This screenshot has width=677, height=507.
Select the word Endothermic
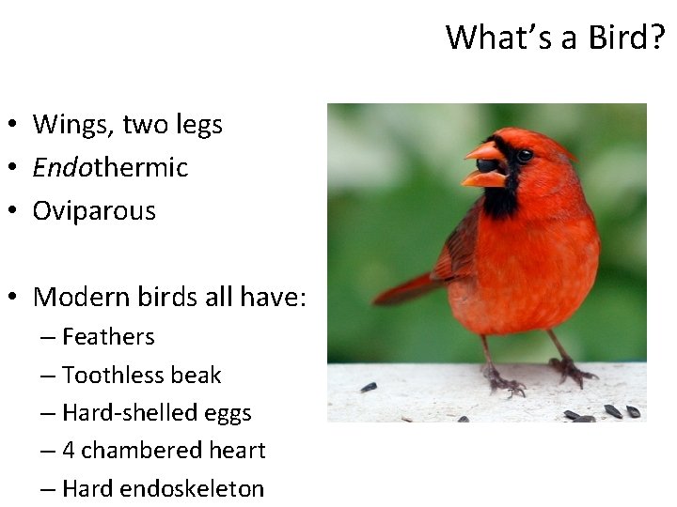[110, 168]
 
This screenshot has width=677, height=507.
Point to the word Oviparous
[94, 211]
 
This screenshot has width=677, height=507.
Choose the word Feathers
[108, 336]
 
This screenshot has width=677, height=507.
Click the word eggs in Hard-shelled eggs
[228, 413]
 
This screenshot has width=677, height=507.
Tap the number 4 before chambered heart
[69, 451]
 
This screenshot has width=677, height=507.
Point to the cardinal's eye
[524, 155]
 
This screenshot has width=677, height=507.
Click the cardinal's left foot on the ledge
[504, 380]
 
